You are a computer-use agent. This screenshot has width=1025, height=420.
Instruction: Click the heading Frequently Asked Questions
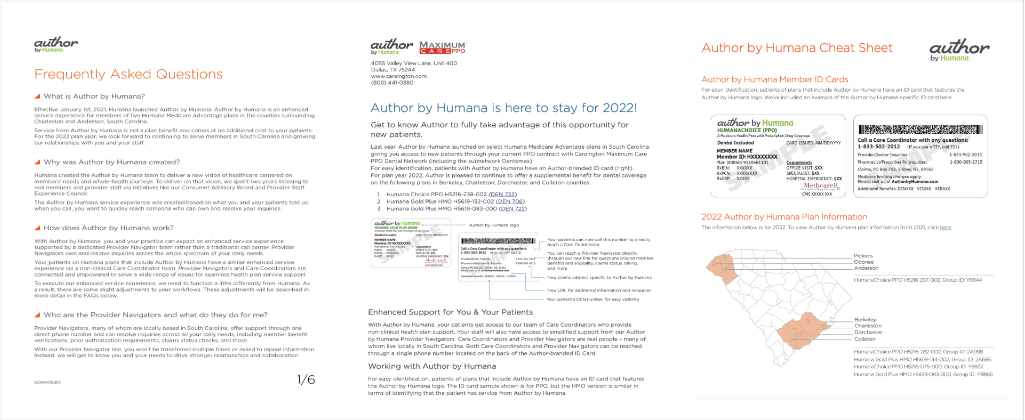pyautogui.click(x=129, y=75)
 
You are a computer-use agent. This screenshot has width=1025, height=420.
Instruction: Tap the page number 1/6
pyautogui.click(x=306, y=380)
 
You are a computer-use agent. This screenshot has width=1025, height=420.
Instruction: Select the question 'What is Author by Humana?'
pyautogui.click(x=94, y=96)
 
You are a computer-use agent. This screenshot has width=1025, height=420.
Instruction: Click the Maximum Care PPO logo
pyautogui.click(x=442, y=47)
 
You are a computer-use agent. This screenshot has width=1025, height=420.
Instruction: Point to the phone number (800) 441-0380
pyautogui.click(x=392, y=83)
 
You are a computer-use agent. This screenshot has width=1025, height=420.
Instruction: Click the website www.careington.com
pyautogui.click(x=398, y=76)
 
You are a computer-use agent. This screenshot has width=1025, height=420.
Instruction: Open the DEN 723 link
pyautogui.click(x=503, y=195)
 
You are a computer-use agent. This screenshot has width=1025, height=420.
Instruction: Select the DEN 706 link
pyautogui.click(x=510, y=201)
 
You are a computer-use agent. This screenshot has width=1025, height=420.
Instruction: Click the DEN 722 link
pyautogui.click(x=513, y=209)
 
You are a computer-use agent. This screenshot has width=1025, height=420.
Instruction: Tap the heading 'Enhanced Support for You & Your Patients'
pyautogui.click(x=450, y=312)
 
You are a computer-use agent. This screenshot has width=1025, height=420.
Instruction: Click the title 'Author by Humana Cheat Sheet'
pyautogui.click(x=797, y=48)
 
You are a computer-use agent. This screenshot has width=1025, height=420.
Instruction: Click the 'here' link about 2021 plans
pyautogui.click(x=945, y=228)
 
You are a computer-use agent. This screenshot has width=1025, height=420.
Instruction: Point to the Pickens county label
pyautogui.click(x=863, y=256)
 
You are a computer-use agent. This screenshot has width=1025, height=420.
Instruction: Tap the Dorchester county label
pyautogui.click(x=868, y=333)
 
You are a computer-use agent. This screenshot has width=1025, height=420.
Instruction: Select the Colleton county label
pyautogui.click(x=864, y=339)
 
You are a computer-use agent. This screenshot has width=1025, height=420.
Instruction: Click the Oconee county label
pyautogui.click(x=864, y=262)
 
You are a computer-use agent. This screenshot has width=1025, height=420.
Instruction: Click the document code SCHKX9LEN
pyautogui.click(x=47, y=383)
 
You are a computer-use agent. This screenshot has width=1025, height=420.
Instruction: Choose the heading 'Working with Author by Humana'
pyautogui.click(x=432, y=366)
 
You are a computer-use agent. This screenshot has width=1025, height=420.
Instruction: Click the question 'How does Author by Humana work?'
pyautogui.click(x=108, y=228)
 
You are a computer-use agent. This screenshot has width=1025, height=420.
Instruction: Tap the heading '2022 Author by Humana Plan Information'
pyautogui.click(x=784, y=217)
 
